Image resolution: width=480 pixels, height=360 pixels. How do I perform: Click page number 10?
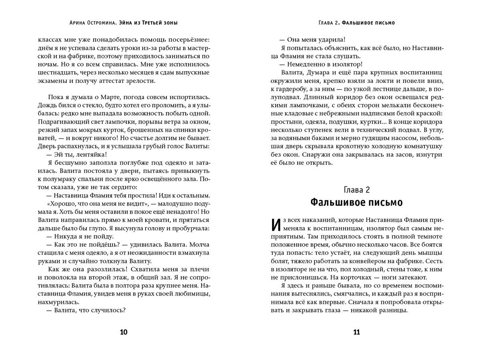(124, 332)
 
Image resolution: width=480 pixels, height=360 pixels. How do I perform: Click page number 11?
(356, 332)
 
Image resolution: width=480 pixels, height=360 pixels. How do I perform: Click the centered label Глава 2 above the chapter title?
(356, 189)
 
